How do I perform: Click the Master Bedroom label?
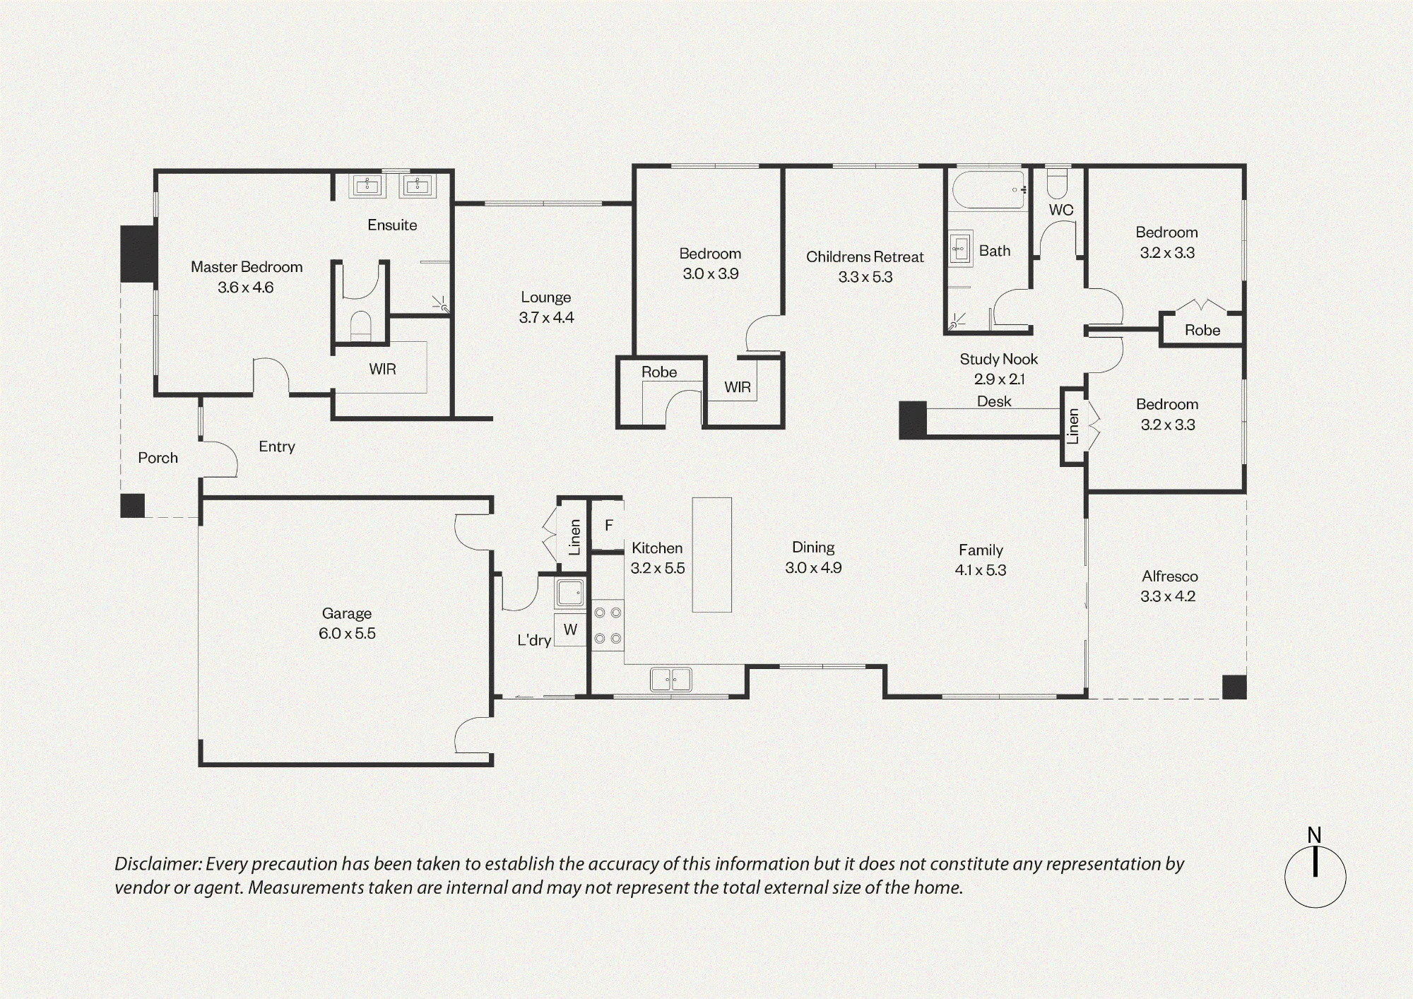247,267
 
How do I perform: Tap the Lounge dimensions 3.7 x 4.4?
546,318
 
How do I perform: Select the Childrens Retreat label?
865,257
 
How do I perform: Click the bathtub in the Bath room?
988,189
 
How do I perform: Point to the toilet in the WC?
1058,184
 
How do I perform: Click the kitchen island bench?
711,555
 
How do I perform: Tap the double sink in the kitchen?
670,680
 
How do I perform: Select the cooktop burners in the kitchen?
608,625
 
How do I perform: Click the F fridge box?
608,525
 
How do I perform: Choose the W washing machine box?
570,629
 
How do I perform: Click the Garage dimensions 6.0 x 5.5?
347,634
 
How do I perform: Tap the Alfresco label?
1170,577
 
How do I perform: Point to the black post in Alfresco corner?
1234,687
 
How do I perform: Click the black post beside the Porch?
132,506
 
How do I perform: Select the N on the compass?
1314,835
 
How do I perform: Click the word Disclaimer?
158,864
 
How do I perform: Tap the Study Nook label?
999,360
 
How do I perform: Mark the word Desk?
994,401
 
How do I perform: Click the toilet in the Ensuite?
361,325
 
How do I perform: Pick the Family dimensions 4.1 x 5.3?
981,570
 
